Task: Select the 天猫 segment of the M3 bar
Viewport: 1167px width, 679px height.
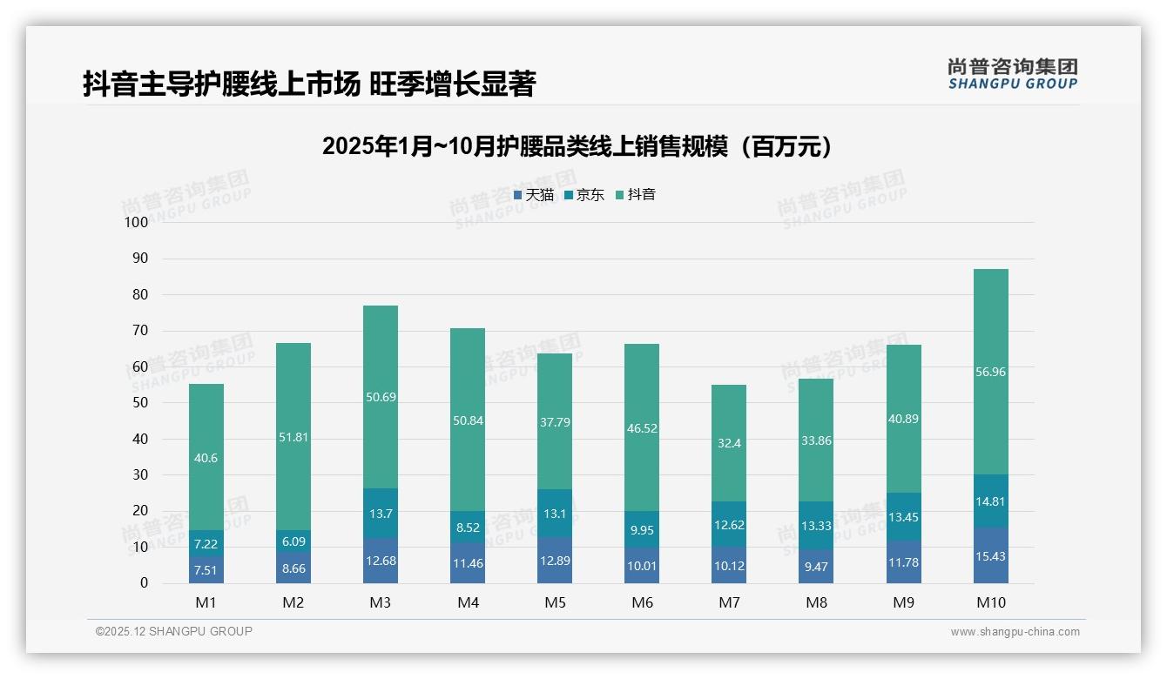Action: [x=381, y=561]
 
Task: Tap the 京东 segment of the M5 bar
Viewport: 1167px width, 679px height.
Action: [x=555, y=514]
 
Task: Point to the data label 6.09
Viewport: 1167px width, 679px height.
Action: [x=293, y=541]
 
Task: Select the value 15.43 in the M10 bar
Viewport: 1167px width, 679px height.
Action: [x=990, y=555]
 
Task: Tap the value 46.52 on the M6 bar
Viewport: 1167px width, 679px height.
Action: [x=642, y=428]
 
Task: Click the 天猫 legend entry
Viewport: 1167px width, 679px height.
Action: [x=533, y=195]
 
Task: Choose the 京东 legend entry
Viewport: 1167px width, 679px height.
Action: [x=584, y=195]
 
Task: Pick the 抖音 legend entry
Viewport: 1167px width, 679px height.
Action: [x=636, y=195]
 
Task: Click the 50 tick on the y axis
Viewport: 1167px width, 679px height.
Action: [x=139, y=403]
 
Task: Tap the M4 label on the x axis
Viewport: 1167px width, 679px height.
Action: [x=468, y=602]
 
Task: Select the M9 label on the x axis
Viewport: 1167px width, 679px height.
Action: [x=903, y=602]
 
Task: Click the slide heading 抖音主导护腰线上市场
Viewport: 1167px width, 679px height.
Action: [x=308, y=84]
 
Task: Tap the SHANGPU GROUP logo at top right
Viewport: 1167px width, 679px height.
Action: [x=1012, y=74]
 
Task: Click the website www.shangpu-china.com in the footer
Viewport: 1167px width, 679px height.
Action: [x=1015, y=632]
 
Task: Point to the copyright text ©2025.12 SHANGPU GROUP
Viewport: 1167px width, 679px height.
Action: [x=174, y=631]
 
